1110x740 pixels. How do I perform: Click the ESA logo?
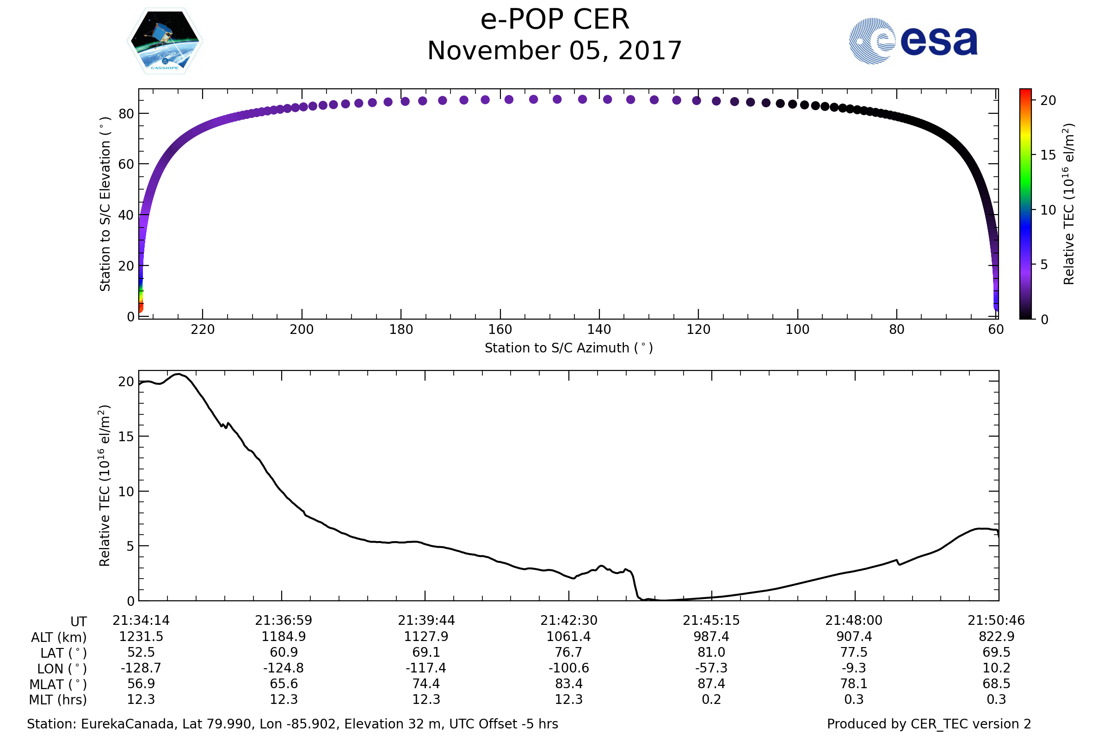click(913, 41)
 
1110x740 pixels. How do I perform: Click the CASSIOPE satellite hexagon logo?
click(165, 41)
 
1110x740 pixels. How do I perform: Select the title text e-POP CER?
click(555, 20)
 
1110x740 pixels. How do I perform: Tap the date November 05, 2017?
click(555, 51)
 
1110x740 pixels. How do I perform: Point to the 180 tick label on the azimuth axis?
click(401, 329)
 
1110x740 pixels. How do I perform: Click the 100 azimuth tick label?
click(797, 329)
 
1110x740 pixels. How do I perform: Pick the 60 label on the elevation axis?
click(126, 164)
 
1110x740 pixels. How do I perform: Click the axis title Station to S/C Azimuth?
click(569, 348)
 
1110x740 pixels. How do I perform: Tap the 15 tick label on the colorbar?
click(1048, 155)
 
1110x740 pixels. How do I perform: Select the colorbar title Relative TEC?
click(1069, 204)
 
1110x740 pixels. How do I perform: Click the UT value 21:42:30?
click(569, 621)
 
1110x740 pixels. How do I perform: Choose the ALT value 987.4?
click(711, 637)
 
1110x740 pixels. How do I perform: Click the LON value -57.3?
click(711, 668)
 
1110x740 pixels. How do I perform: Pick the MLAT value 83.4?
click(569, 684)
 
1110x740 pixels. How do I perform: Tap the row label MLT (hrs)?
click(57, 700)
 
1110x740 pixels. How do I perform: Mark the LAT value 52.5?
click(141, 652)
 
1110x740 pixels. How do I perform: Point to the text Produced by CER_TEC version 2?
click(929, 724)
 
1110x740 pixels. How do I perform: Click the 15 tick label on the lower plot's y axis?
click(126, 437)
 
